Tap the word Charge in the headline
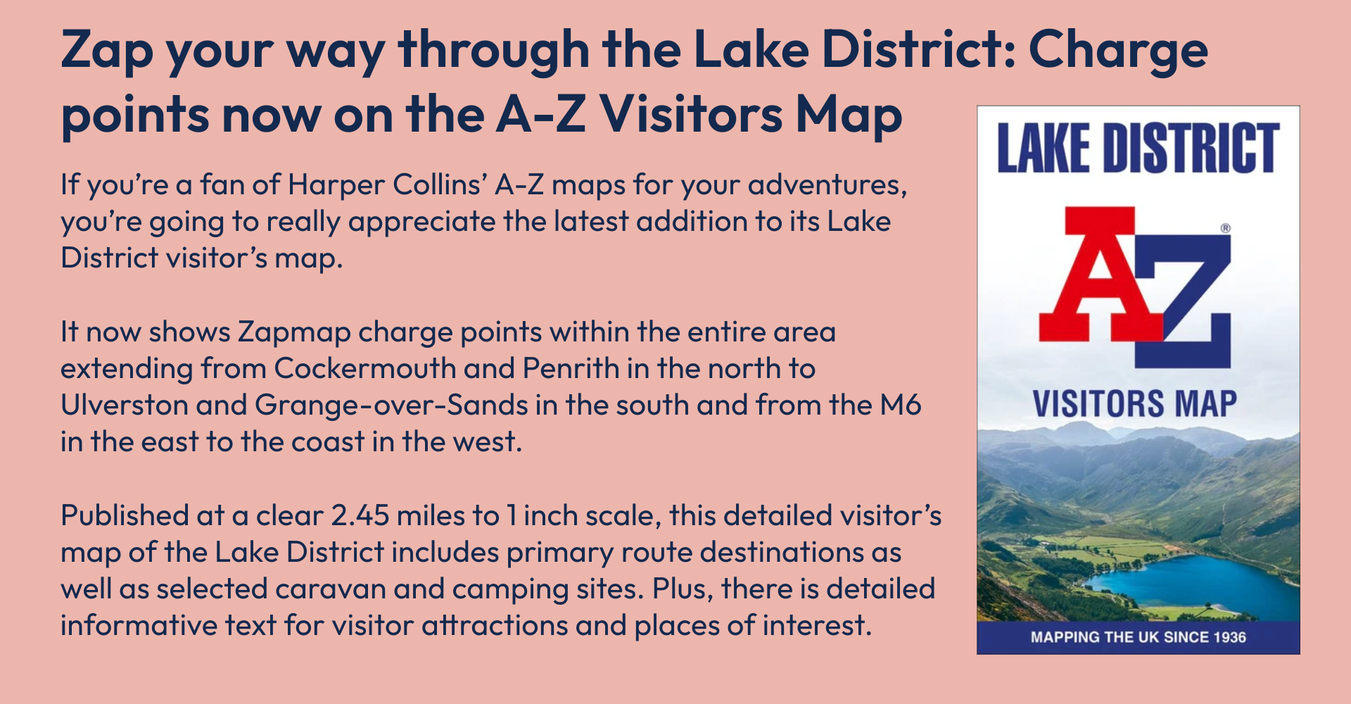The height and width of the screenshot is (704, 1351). (1118, 51)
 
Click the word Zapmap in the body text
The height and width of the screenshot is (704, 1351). (293, 332)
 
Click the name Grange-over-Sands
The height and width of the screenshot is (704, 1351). (391, 406)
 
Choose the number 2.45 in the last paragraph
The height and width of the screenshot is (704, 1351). (360, 516)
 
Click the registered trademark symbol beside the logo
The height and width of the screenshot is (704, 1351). (1225, 228)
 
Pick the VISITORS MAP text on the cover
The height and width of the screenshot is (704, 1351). (1134, 404)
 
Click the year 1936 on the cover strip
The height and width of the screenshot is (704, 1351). (1229, 637)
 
